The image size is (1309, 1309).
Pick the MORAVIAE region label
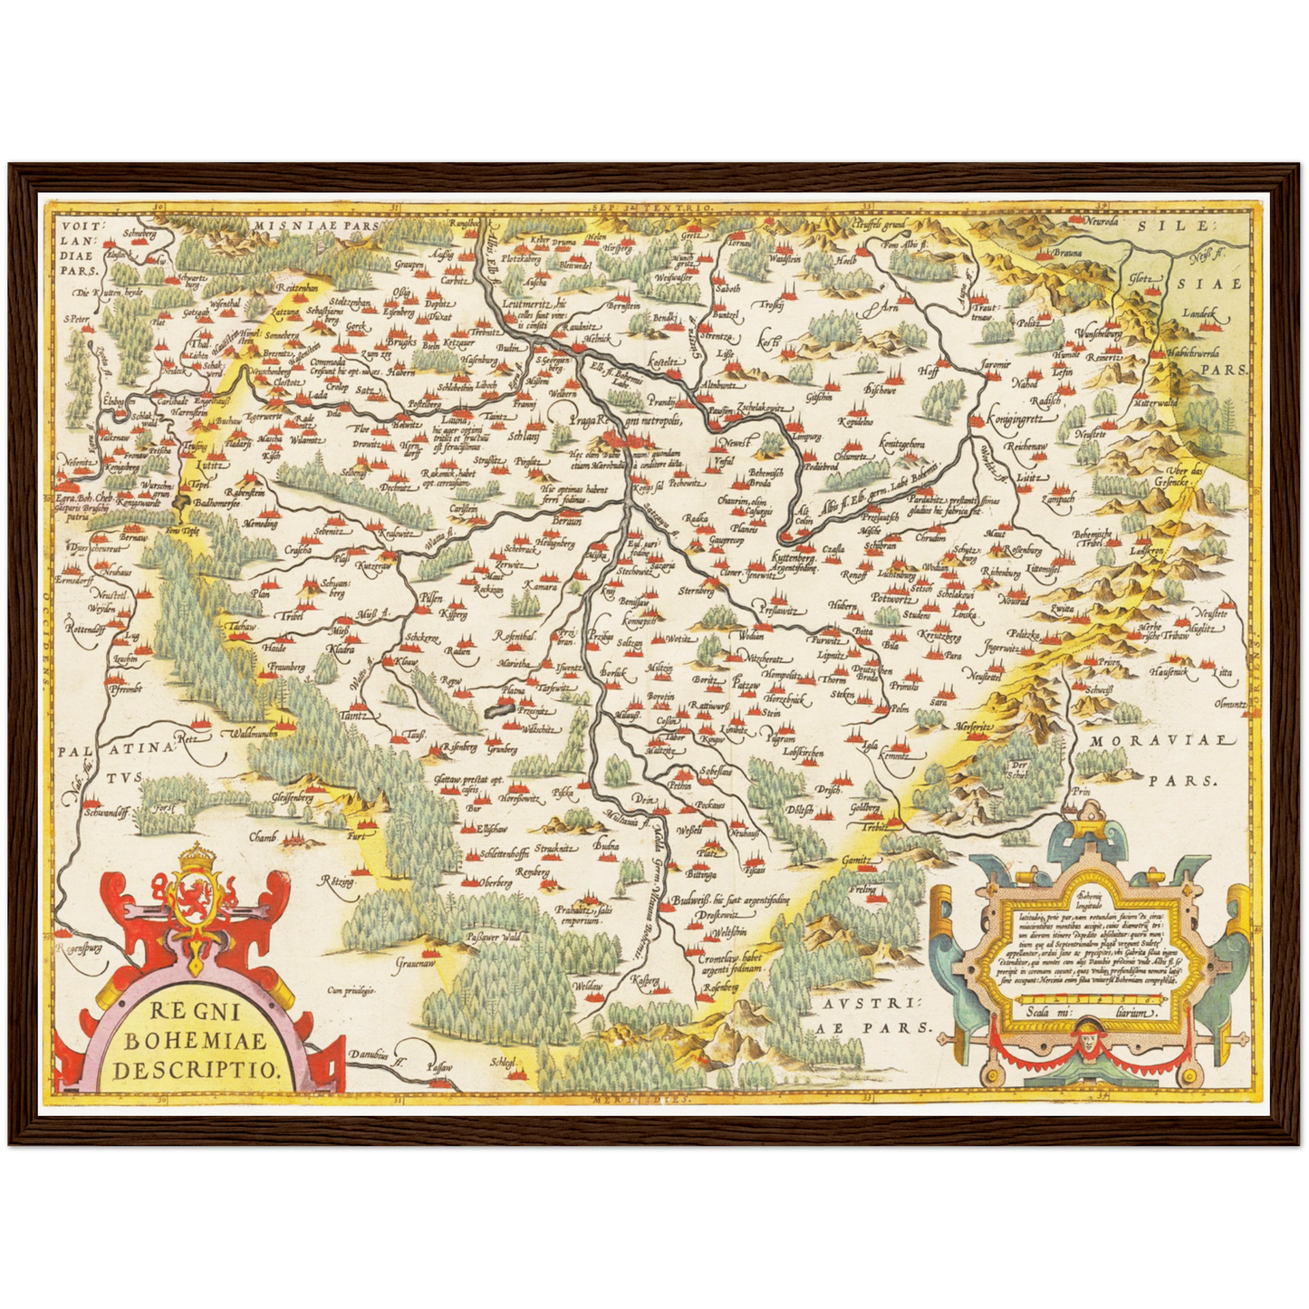coord(1162,741)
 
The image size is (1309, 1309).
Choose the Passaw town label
coord(439,1069)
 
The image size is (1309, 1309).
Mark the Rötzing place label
coord(336,881)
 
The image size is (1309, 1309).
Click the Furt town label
coord(356,836)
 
